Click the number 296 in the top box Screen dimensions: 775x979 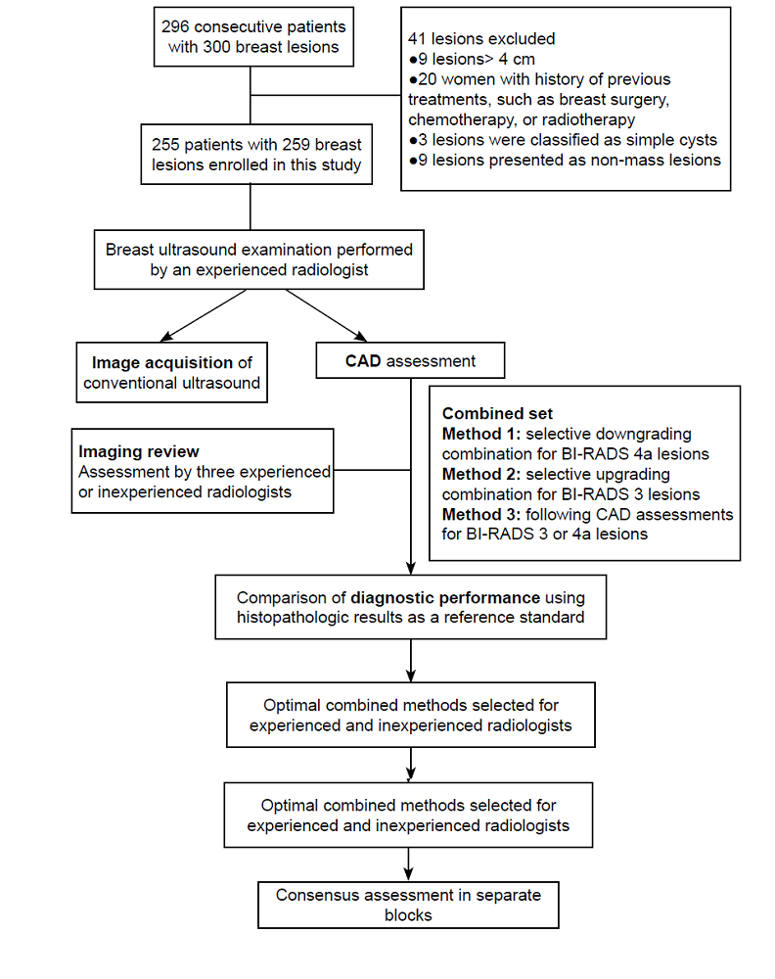click(175, 26)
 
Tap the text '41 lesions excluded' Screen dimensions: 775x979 click(481, 39)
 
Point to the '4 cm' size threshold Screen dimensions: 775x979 click(517, 60)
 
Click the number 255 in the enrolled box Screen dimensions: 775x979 click(165, 145)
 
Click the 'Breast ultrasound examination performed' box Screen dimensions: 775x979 click(259, 259)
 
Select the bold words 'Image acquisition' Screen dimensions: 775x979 click(162, 363)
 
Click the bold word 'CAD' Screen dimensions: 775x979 click(363, 361)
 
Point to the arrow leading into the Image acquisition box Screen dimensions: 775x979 click(204, 315)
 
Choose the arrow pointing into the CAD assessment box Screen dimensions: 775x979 click(327, 315)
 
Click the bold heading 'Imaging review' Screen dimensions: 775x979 click(139, 451)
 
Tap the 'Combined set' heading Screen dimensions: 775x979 click(497, 413)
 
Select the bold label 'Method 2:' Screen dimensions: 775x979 click(481, 474)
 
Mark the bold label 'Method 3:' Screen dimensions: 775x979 click(481, 514)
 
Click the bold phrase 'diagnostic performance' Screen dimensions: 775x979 click(445, 597)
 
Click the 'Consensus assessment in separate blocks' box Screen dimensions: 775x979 click(408, 905)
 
